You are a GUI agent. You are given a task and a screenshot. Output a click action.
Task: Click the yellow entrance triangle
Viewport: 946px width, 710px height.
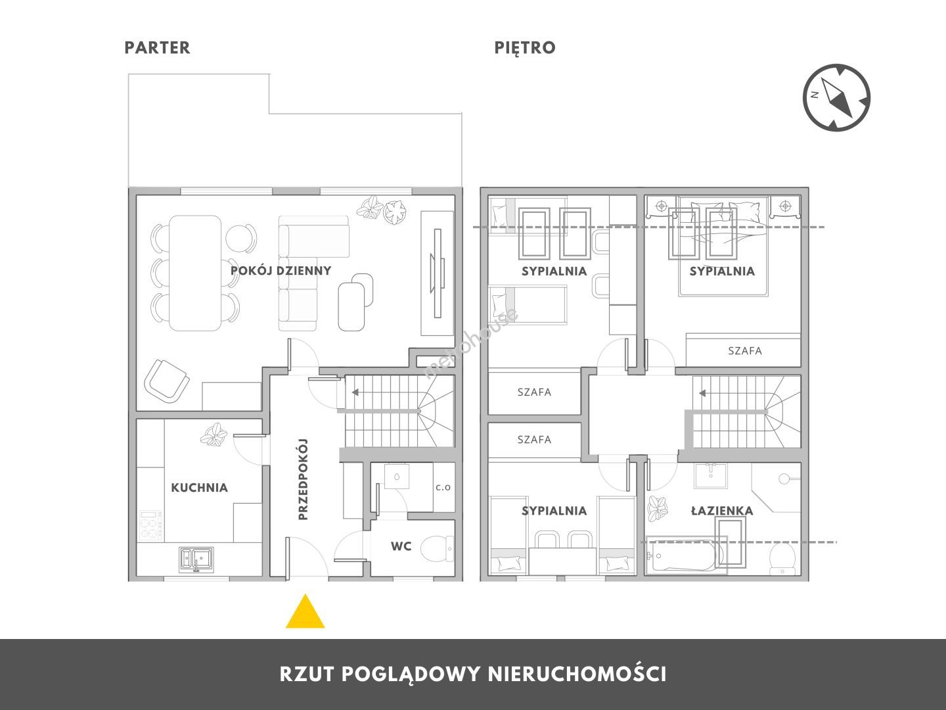pos(305,613)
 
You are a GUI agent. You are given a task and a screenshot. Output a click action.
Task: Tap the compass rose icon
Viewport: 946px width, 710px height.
pos(836,97)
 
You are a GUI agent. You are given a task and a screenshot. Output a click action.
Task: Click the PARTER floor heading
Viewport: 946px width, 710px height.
pos(157,48)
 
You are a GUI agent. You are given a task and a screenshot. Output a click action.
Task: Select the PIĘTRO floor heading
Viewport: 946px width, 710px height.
pos(524,48)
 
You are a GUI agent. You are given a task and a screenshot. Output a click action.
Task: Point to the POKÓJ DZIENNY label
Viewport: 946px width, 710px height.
pos(281,271)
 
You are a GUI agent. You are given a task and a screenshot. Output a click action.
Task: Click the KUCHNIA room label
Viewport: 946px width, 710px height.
pos(199,488)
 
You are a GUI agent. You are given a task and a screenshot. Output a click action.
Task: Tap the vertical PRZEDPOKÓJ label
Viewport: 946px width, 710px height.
pos(303,479)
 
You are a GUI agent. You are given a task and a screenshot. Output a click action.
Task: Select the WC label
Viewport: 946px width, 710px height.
pos(401,546)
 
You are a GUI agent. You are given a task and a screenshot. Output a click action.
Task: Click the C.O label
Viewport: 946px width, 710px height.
pos(443,488)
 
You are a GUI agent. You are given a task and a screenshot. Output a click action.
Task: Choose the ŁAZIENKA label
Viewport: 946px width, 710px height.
pos(722,511)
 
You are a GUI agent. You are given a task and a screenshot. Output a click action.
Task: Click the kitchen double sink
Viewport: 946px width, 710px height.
pos(196,559)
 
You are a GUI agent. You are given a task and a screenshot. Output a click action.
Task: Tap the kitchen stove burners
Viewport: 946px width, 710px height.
pos(150,525)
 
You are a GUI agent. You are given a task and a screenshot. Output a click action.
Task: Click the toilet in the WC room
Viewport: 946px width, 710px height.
pos(437,549)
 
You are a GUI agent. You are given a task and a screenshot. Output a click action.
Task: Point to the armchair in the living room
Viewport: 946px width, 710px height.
pos(166,381)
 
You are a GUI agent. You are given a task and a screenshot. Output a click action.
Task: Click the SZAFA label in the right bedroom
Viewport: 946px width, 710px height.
pos(745,351)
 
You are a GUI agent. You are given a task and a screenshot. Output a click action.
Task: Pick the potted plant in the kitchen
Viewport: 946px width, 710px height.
pos(214,434)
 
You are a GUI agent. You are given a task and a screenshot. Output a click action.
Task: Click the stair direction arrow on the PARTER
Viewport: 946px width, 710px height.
pos(355,392)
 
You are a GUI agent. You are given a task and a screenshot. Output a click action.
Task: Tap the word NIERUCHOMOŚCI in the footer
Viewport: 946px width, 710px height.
pos(577,674)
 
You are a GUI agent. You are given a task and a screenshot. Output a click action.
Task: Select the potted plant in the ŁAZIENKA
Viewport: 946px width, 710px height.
pos(658,509)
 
